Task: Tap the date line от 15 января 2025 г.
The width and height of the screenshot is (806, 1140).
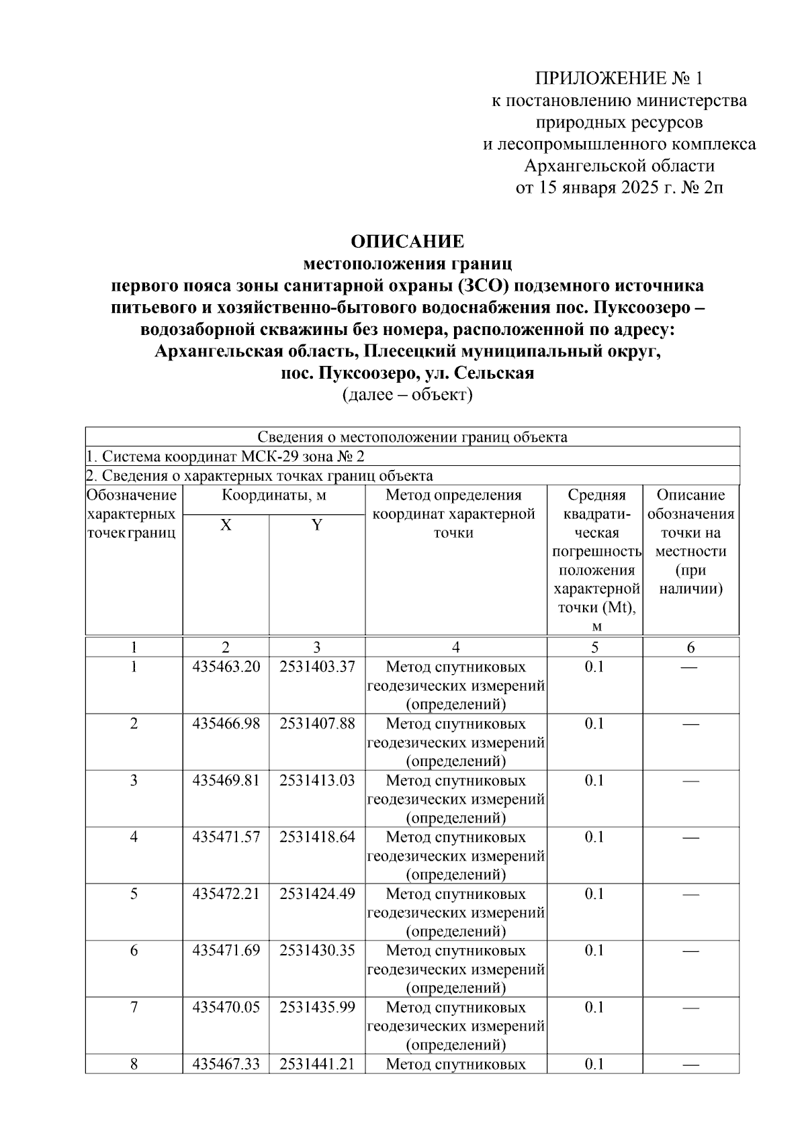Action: click(619, 187)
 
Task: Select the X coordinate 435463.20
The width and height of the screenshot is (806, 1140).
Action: click(226, 667)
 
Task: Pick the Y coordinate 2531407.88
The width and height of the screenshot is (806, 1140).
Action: click(317, 724)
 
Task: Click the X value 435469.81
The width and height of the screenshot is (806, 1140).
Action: click(226, 780)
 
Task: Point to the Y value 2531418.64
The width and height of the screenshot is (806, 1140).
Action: click(317, 837)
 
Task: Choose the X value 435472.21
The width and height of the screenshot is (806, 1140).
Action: click(226, 894)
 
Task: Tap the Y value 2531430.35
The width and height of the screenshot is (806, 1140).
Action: click(317, 951)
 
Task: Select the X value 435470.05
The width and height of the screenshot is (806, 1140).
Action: click(226, 1007)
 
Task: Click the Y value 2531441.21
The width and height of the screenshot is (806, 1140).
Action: click(317, 1064)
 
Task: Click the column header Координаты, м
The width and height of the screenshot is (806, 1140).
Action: click(274, 495)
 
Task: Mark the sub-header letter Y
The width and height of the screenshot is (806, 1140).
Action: click(317, 525)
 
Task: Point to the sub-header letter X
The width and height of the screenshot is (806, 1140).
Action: click(226, 525)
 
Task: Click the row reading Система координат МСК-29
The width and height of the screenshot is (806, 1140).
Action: click(228, 457)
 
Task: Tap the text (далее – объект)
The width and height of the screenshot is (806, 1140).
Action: click(408, 395)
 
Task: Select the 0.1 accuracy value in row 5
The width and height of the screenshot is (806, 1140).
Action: click(594, 894)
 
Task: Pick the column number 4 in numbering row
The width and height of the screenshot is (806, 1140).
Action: click(455, 648)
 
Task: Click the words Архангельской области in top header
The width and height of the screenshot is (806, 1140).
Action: click(619, 166)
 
